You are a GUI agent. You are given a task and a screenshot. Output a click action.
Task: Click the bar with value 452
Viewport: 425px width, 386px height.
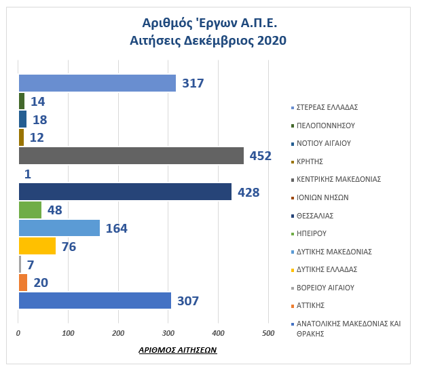(130, 155)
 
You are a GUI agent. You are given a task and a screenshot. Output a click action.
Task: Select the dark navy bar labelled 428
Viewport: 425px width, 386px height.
(125, 192)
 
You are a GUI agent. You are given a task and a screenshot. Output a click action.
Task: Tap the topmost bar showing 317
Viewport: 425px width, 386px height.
(97, 83)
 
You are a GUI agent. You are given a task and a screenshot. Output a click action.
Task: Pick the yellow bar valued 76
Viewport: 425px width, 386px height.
(37, 246)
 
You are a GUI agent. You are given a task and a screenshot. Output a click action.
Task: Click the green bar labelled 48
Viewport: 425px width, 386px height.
(30, 210)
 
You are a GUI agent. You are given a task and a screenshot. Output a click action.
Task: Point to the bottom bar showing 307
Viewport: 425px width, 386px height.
(94, 301)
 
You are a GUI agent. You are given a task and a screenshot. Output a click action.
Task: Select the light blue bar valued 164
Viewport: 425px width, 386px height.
(59, 228)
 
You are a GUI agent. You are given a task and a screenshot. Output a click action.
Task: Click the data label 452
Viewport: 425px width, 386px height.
(260, 156)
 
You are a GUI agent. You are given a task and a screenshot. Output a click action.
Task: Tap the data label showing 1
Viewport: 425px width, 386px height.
(28, 174)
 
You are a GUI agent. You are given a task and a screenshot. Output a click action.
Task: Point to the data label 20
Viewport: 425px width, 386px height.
(41, 283)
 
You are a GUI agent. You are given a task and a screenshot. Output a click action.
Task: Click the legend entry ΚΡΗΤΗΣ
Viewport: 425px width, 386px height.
(310, 161)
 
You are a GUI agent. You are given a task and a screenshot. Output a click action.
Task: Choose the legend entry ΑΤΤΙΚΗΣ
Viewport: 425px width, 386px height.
(310, 305)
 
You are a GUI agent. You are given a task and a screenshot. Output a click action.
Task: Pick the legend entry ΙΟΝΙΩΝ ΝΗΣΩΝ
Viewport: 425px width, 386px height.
(322, 197)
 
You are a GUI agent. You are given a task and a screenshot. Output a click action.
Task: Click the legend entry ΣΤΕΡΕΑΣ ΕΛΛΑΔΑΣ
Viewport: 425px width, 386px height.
(327, 107)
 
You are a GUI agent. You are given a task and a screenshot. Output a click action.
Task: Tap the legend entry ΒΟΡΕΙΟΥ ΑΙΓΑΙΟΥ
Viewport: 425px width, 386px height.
(325, 288)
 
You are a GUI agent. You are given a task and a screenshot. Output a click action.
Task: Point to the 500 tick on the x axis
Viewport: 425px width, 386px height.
(268, 333)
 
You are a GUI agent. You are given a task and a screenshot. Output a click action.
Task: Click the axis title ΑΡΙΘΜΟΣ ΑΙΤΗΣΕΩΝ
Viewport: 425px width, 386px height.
(177, 350)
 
